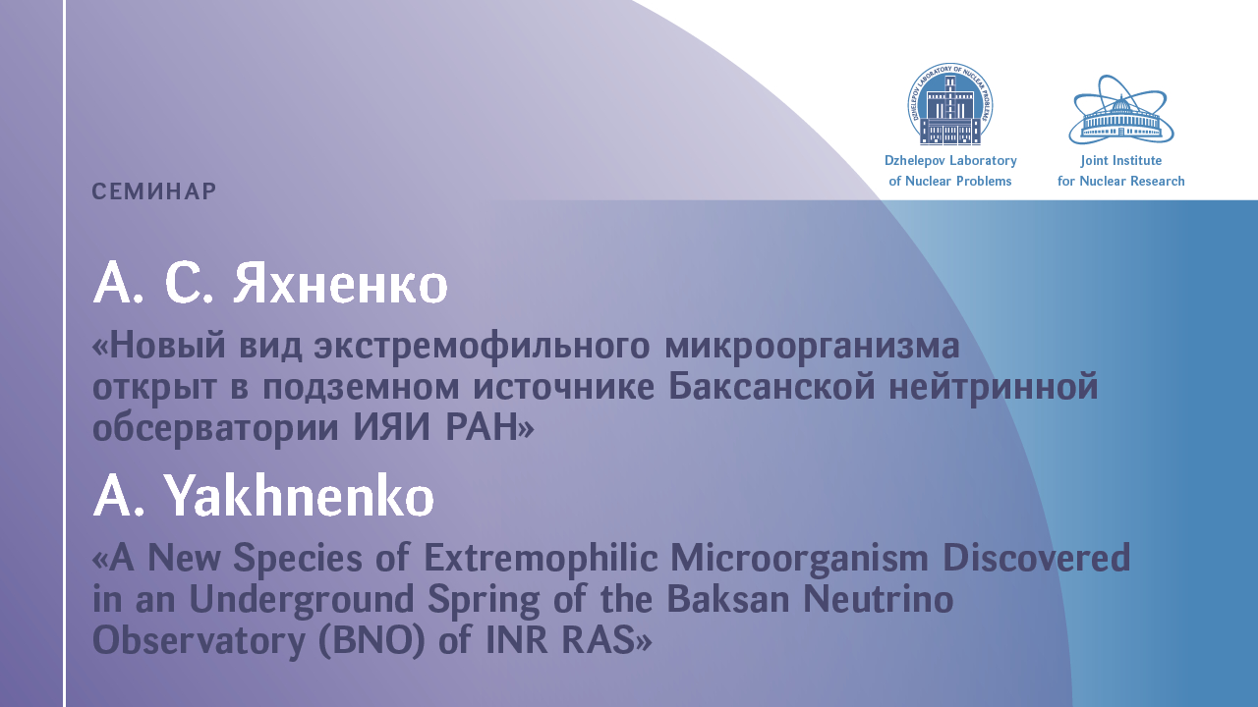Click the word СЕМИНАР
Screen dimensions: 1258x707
(154, 191)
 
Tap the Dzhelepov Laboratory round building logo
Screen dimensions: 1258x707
(950, 104)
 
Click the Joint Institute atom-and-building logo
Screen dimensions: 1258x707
(1121, 109)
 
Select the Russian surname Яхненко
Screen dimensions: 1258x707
(340, 284)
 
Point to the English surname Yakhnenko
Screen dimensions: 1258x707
(299, 496)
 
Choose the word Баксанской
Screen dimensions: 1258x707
(772, 386)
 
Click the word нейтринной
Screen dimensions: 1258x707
(994, 388)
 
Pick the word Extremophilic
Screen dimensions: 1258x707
(541, 559)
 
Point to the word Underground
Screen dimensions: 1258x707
(302, 600)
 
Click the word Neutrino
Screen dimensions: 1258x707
(878, 599)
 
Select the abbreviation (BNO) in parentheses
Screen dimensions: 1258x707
(372, 640)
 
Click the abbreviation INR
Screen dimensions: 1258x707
(516, 640)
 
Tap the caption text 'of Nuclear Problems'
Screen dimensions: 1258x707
(950, 182)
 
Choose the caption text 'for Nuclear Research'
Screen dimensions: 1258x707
(1121, 182)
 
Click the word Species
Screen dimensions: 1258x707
(298, 559)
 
